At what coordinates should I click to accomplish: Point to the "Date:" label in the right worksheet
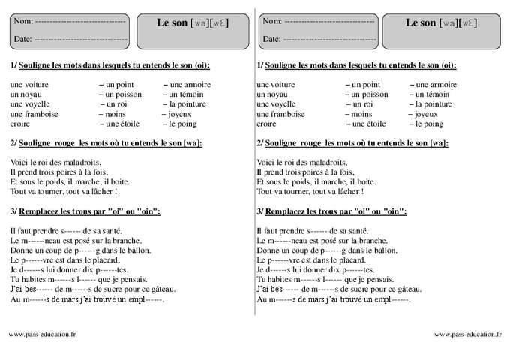(271, 38)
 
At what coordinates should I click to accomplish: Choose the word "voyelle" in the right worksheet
(283, 104)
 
